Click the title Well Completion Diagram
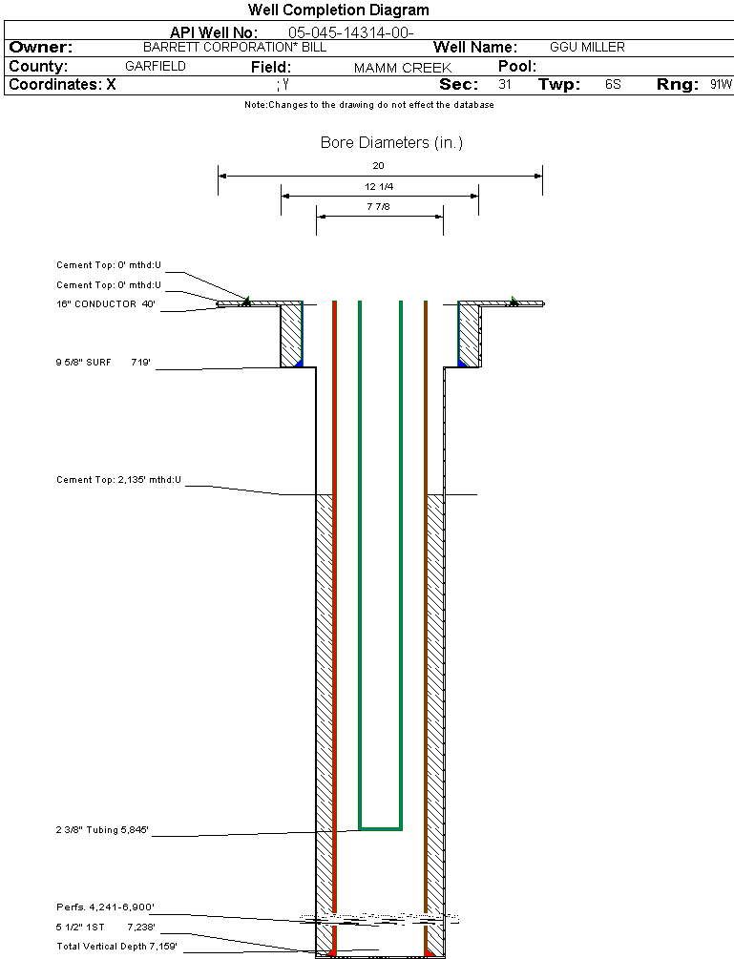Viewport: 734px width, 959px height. (338, 10)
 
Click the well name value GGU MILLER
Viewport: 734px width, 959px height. (587, 47)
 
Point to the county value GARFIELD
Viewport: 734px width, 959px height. (156, 67)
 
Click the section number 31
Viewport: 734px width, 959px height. (505, 85)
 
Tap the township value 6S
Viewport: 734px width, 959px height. (613, 85)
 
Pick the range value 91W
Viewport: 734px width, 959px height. (721, 85)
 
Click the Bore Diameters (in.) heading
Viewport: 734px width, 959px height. (391, 143)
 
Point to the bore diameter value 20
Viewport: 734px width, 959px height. (378, 166)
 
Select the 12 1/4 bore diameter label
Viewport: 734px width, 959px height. (379, 186)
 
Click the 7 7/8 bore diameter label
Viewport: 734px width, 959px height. (379, 207)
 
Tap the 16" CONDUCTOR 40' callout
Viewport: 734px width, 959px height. (105, 304)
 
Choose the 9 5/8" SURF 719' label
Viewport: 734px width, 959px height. (105, 363)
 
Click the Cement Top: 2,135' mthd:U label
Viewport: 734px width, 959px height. (118, 479)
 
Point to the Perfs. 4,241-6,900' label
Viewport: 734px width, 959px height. (105, 907)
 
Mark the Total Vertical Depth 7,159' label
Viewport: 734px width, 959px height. (116, 947)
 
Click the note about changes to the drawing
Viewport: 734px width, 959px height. (368, 105)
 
